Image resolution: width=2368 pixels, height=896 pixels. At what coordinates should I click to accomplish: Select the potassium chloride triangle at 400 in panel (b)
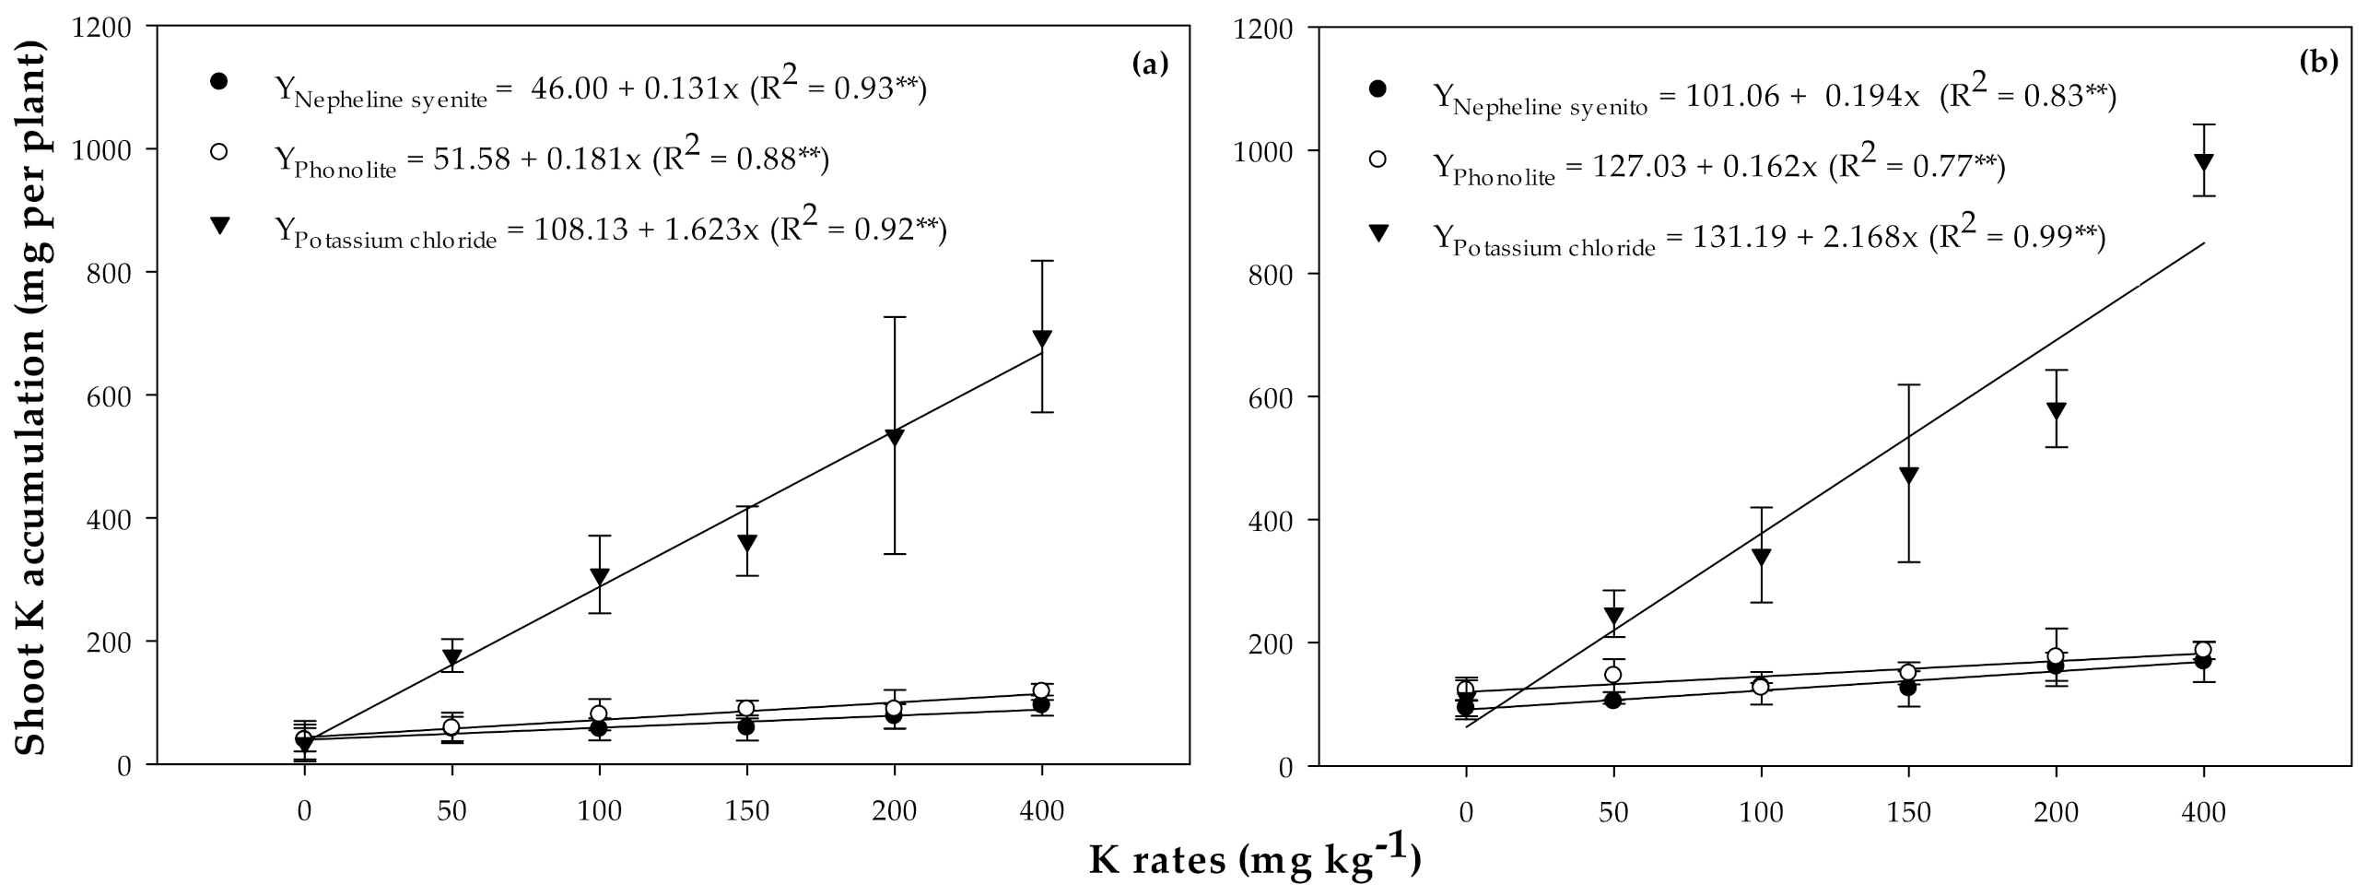click(x=2204, y=162)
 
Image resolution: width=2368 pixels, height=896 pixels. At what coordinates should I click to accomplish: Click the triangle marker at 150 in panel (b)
click(x=1908, y=476)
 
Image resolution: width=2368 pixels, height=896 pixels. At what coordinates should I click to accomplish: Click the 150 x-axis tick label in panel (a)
click(x=746, y=811)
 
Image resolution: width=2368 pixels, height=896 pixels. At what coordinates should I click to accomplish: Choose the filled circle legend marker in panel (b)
click(x=1378, y=89)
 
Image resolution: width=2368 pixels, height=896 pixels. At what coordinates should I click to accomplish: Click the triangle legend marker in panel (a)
click(x=219, y=225)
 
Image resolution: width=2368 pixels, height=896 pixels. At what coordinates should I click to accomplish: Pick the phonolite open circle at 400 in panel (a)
click(x=1041, y=690)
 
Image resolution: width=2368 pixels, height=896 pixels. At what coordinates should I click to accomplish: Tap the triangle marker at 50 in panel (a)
click(x=451, y=657)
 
